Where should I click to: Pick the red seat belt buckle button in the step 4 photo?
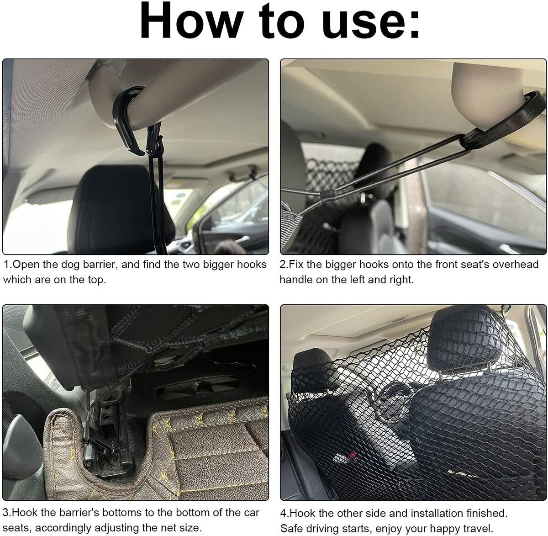[352, 455]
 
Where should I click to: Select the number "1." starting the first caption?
[8, 265]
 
